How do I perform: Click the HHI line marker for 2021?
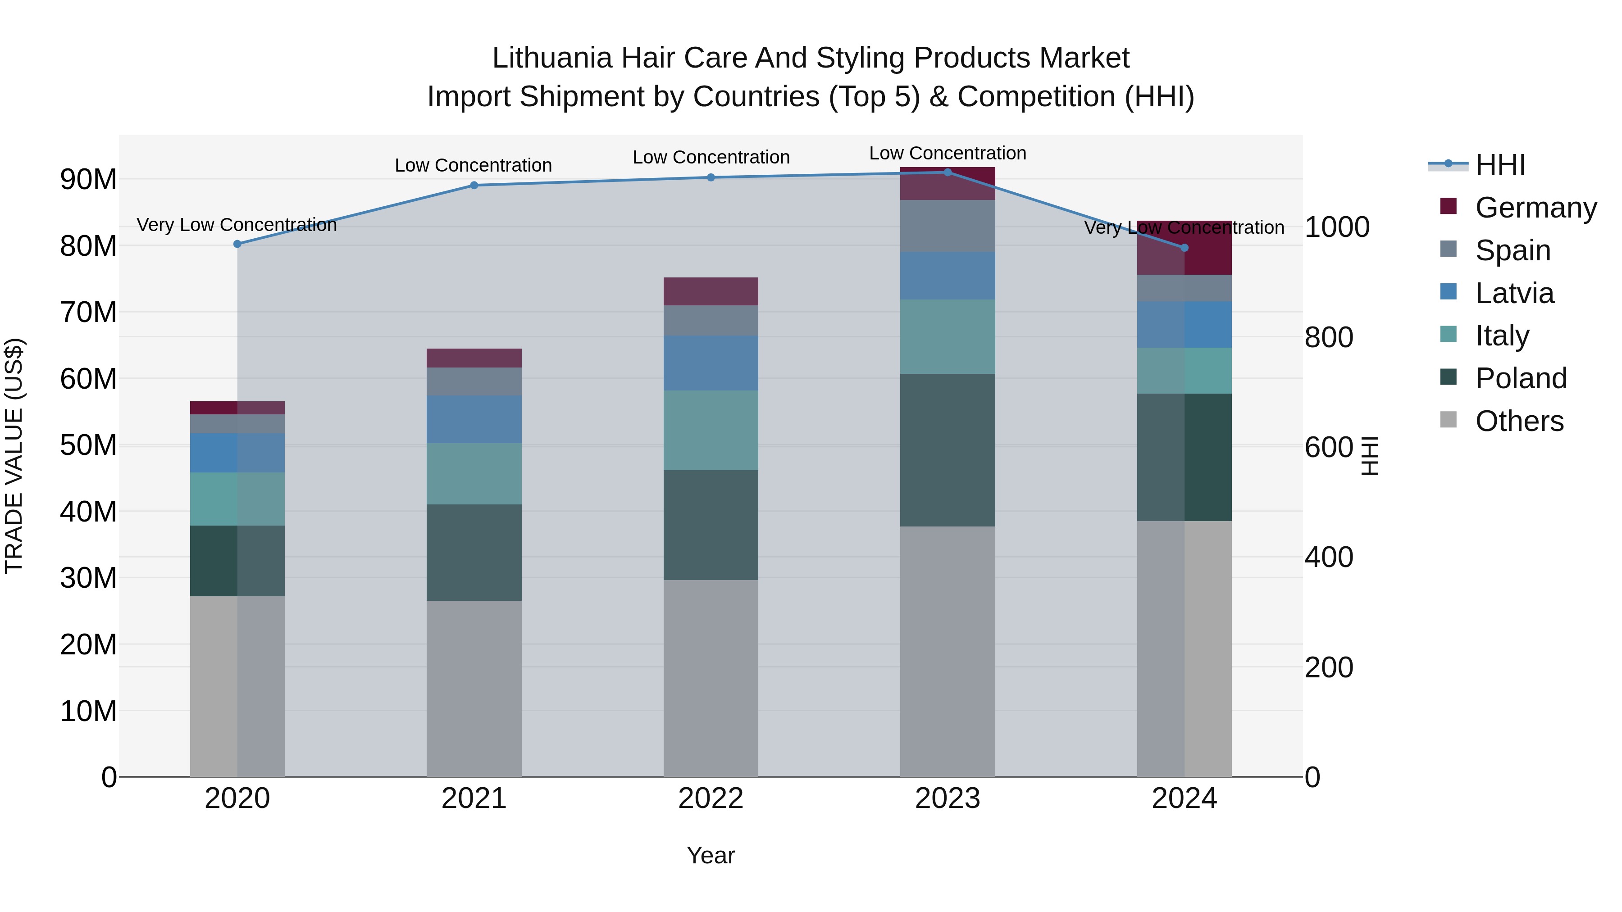(474, 185)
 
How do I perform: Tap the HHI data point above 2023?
(947, 172)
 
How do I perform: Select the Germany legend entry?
(1535, 207)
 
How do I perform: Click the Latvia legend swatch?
(1448, 292)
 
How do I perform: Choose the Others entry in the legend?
(1519, 421)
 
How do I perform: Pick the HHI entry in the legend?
(1500, 165)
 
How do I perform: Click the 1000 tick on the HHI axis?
(1336, 227)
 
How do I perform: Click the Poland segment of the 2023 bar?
(947, 450)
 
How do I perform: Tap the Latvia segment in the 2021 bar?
(474, 419)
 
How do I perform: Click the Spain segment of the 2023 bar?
(947, 226)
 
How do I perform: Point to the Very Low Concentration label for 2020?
(237, 225)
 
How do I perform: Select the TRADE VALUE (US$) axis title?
(14, 456)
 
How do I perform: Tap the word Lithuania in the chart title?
(551, 58)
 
